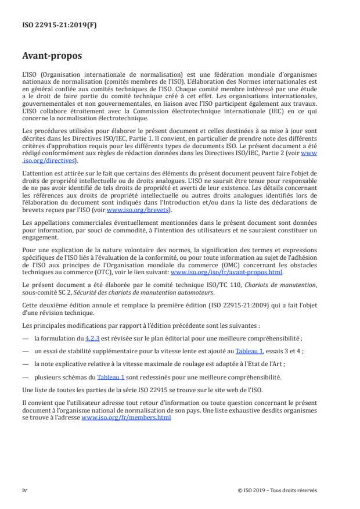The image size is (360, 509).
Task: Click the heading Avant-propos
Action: coord(52,56)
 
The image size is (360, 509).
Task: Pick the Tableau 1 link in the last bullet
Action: coord(110,377)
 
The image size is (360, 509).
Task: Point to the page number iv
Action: coord(24,490)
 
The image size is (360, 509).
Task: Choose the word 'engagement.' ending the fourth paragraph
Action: coord(38,238)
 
